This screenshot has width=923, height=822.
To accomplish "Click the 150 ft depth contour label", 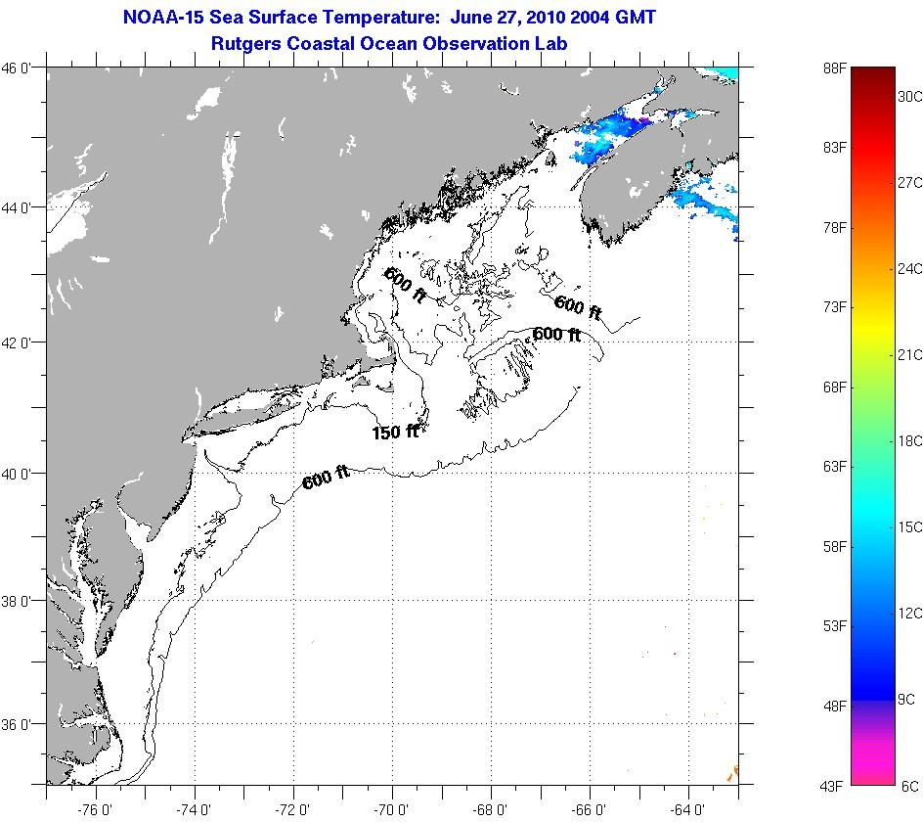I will point(395,432).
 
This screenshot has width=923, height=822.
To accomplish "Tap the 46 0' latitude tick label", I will point(22,68).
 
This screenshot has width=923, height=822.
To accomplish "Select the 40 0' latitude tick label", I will point(22,474).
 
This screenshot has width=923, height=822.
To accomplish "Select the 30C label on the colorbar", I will point(910,96).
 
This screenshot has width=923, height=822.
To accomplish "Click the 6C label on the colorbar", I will point(909,785).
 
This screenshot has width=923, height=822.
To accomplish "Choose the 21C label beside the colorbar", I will point(910,354).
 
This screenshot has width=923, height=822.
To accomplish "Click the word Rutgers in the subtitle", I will point(244,44).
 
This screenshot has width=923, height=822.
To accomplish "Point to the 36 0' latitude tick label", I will point(22,724).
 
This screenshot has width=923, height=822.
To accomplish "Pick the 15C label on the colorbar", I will point(910,526).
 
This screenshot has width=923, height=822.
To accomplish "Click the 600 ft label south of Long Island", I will point(326,479).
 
